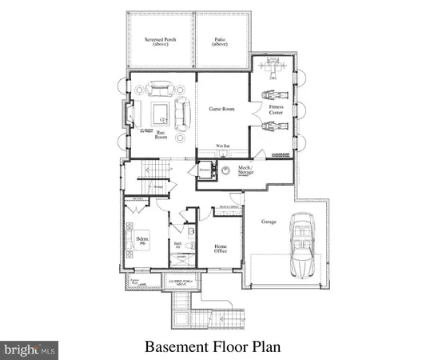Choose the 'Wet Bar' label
[223, 146]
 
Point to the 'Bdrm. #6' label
[144, 241]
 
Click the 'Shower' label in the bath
[181, 258]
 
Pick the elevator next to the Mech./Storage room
[204, 171]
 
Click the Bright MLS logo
[30, 349]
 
